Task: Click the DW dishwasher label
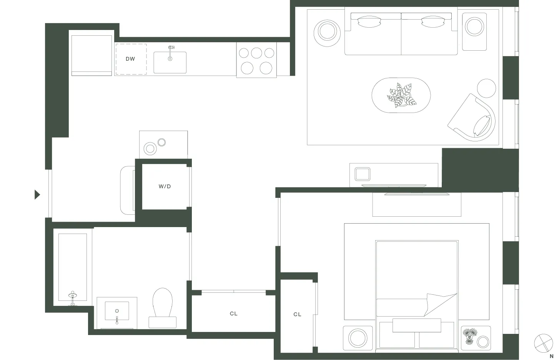(x=130, y=59)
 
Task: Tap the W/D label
(x=165, y=187)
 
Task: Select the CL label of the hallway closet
(x=233, y=314)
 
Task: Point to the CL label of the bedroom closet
(x=297, y=315)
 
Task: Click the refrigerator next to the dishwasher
(x=92, y=55)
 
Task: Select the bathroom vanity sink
(x=117, y=311)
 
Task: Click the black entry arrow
(x=37, y=195)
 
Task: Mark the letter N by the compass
(x=551, y=356)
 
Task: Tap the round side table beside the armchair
(x=486, y=88)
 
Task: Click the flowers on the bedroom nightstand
(x=469, y=335)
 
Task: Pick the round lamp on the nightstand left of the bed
(x=358, y=338)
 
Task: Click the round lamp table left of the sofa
(x=327, y=31)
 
